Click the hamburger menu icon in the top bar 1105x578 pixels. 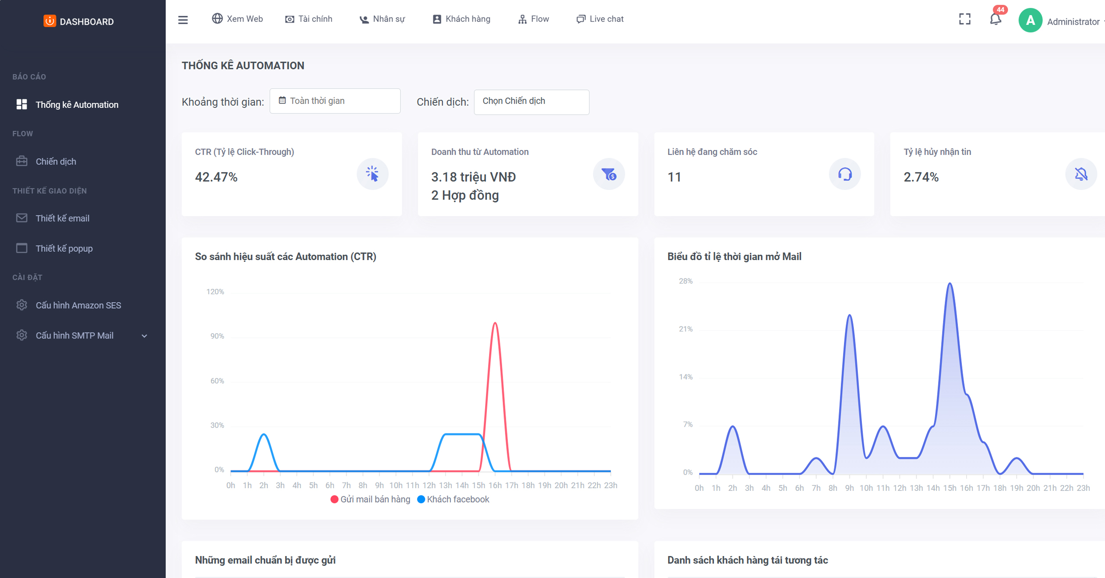183,20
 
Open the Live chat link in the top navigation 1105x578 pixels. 600,19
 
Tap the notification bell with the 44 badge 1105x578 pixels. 996,19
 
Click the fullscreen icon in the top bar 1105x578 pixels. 965,19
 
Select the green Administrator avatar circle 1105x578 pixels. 1030,21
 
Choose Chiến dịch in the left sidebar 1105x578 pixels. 56,161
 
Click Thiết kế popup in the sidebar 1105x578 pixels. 64,248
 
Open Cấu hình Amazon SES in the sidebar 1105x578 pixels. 78,305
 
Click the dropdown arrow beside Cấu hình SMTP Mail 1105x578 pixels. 144,336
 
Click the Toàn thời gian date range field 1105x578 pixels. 335,101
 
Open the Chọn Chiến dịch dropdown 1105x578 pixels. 531,102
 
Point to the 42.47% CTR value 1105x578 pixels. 216,177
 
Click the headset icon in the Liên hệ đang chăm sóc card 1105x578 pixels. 844,174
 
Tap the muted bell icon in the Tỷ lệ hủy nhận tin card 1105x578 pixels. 1080,174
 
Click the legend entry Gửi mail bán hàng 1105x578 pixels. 370,499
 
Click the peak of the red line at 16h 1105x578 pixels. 495,323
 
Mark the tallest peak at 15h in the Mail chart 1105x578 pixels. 950,283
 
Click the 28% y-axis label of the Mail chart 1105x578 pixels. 685,281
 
